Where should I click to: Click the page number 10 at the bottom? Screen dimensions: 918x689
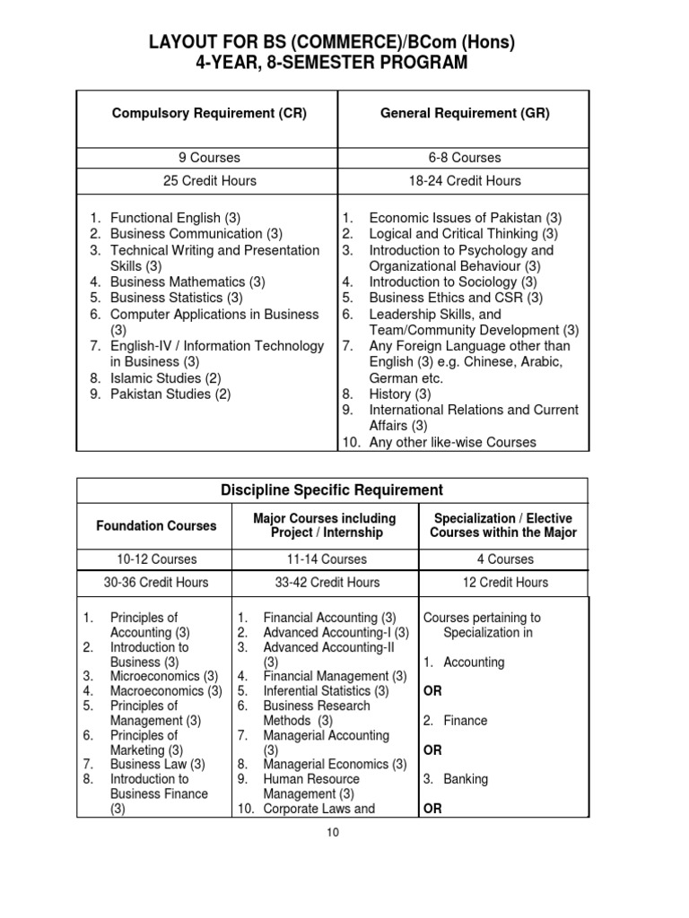tap(332, 832)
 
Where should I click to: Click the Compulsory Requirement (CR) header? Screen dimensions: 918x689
tap(209, 113)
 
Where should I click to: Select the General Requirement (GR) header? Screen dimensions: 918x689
tap(465, 113)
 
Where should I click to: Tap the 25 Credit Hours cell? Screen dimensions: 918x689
tap(209, 180)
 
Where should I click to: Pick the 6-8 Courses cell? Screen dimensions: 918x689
tap(465, 158)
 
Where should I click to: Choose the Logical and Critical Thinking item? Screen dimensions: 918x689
tap(463, 234)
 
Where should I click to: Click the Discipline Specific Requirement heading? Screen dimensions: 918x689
tap(332, 489)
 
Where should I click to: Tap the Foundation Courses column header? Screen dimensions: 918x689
tap(156, 525)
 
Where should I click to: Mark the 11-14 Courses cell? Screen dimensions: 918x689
tap(325, 559)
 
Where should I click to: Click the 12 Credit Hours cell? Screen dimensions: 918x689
tap(505, 582)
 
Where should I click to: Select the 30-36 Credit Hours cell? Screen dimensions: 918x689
tap(156, 582)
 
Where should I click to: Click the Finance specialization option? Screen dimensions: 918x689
tap(465, 721)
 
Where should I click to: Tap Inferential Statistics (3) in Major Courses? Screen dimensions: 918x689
tap(326, 691)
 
